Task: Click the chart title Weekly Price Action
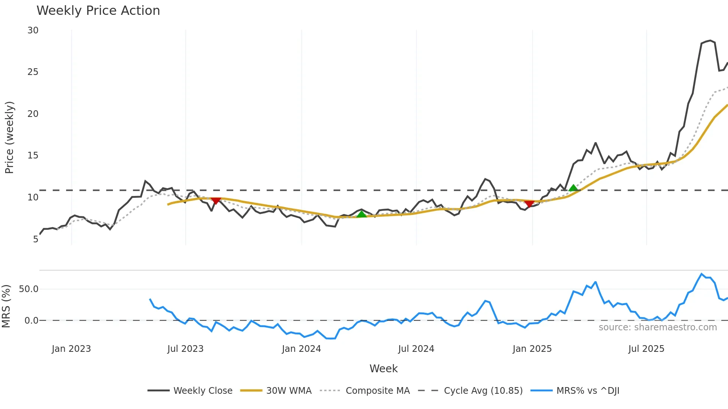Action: click(98, 11)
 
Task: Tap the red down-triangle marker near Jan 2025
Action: click(529, 203)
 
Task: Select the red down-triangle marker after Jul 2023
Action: click(216, 201)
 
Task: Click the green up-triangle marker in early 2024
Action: click(361, 214)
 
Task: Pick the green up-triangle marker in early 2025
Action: click(573, 188)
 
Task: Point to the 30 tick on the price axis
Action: click(33, 30)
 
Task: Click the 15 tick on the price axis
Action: click(33, 156)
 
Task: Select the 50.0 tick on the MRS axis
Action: click(29, 289)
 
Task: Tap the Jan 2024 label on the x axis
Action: click(301, 349)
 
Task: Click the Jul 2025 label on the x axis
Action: click(646, 349)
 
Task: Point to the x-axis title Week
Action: click(383, 369)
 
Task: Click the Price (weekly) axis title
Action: click(9, 137)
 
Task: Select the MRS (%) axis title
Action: click(6, 306)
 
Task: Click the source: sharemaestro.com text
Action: click(657, 327)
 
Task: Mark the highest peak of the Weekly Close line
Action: click(710, 40)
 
